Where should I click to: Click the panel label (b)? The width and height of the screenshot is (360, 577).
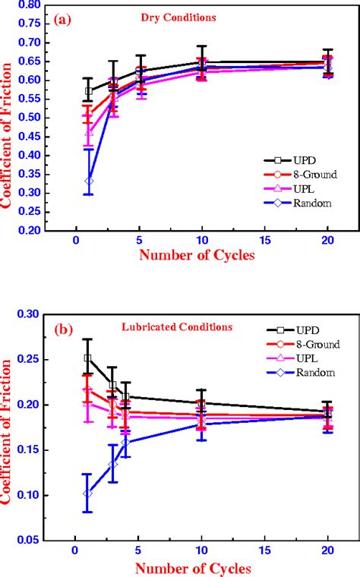(62, 329)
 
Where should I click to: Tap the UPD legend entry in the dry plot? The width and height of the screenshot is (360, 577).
(292, 160)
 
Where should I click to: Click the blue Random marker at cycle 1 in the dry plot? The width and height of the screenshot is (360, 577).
(89, 181)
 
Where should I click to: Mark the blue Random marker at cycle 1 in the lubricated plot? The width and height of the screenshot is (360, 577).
(88, 493)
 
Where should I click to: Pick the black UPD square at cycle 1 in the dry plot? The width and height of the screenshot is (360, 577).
(89, 91)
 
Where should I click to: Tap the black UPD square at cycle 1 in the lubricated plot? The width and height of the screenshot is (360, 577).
(88, 358)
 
